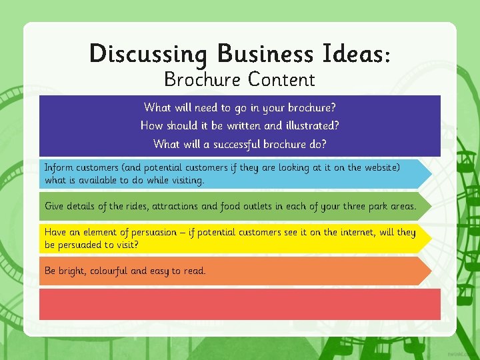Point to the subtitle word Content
coord(281,80)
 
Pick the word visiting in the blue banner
coord(187,180)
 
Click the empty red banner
coord(240,304)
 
